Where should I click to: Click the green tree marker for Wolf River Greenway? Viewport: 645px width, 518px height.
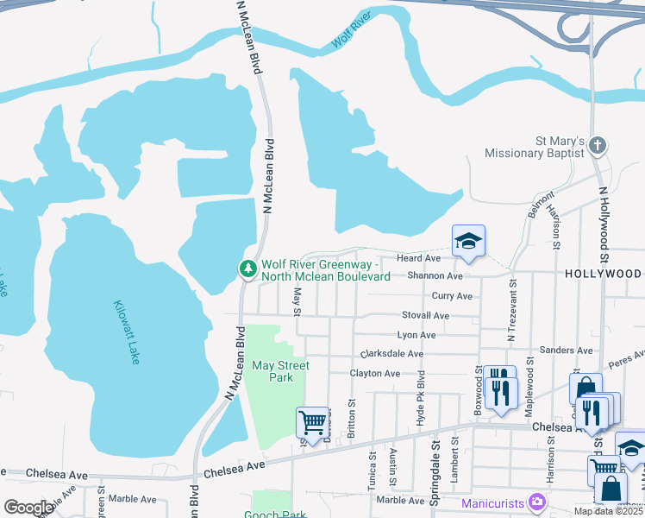[x=248, y=269]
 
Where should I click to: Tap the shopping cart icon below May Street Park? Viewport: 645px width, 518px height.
[x=311, y=422]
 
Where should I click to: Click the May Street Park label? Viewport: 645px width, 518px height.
[x=280, y=371]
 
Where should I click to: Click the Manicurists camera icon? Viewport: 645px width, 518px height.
[x=537, y=502]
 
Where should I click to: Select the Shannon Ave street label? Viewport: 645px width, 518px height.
[x=435, y=276]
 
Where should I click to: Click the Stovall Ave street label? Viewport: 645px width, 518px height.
[x=425, y=316]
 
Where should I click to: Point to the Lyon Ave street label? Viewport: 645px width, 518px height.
[x=416, y=335]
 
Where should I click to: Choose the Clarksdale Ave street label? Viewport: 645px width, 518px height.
[x=392, y=354]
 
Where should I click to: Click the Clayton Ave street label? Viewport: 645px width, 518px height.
[x=375, y=374]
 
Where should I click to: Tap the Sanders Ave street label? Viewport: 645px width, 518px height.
[x=566, y=351]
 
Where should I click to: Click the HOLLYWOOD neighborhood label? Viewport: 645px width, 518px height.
[x=604, y=273]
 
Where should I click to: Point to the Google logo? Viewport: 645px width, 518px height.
[x=28, y=508]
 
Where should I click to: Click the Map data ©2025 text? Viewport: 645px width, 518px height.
[x=608, y=511]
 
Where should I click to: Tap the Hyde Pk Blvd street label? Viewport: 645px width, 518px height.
[x=421, y=400]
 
